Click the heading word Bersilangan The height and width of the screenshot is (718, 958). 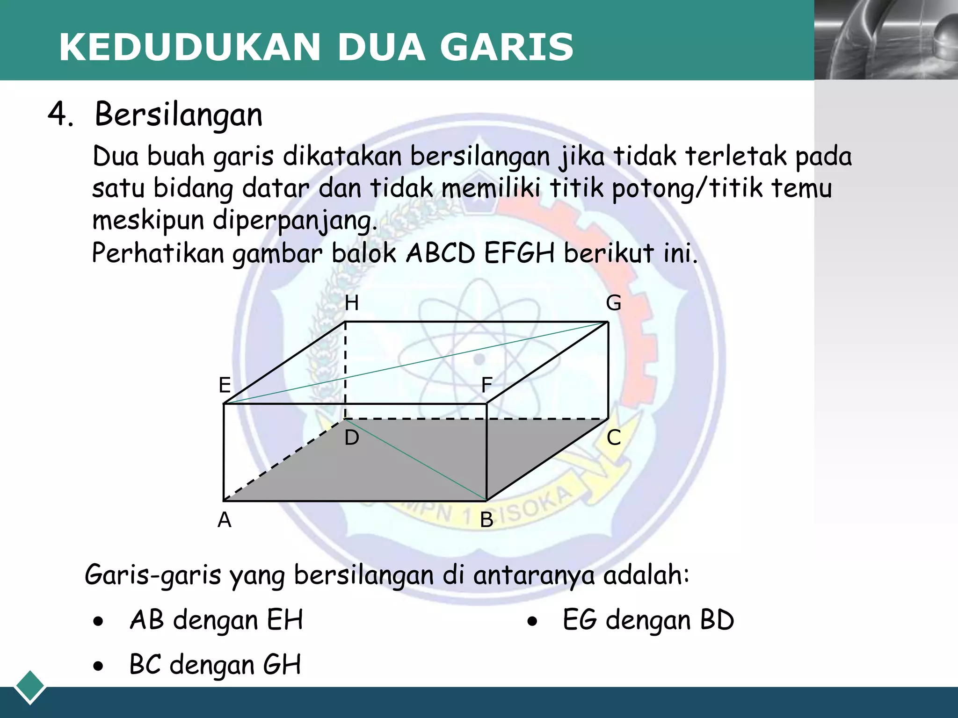178,115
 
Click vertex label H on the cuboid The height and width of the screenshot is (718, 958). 351,303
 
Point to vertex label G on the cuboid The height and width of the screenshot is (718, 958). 613,303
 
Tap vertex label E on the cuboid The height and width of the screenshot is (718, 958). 225,385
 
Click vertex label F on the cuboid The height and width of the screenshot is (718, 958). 486,385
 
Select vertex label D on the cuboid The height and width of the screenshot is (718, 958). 352,438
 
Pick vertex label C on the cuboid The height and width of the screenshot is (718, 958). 614,438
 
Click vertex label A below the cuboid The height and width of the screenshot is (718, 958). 225,520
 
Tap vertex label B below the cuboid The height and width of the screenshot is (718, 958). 486,520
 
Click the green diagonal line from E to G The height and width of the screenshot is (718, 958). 416,363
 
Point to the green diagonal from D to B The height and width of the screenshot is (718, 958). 416,461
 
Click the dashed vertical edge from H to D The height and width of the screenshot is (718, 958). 345,369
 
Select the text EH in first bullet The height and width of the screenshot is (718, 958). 285,620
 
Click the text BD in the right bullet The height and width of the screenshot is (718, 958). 717,620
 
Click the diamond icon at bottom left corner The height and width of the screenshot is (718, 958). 30,686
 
